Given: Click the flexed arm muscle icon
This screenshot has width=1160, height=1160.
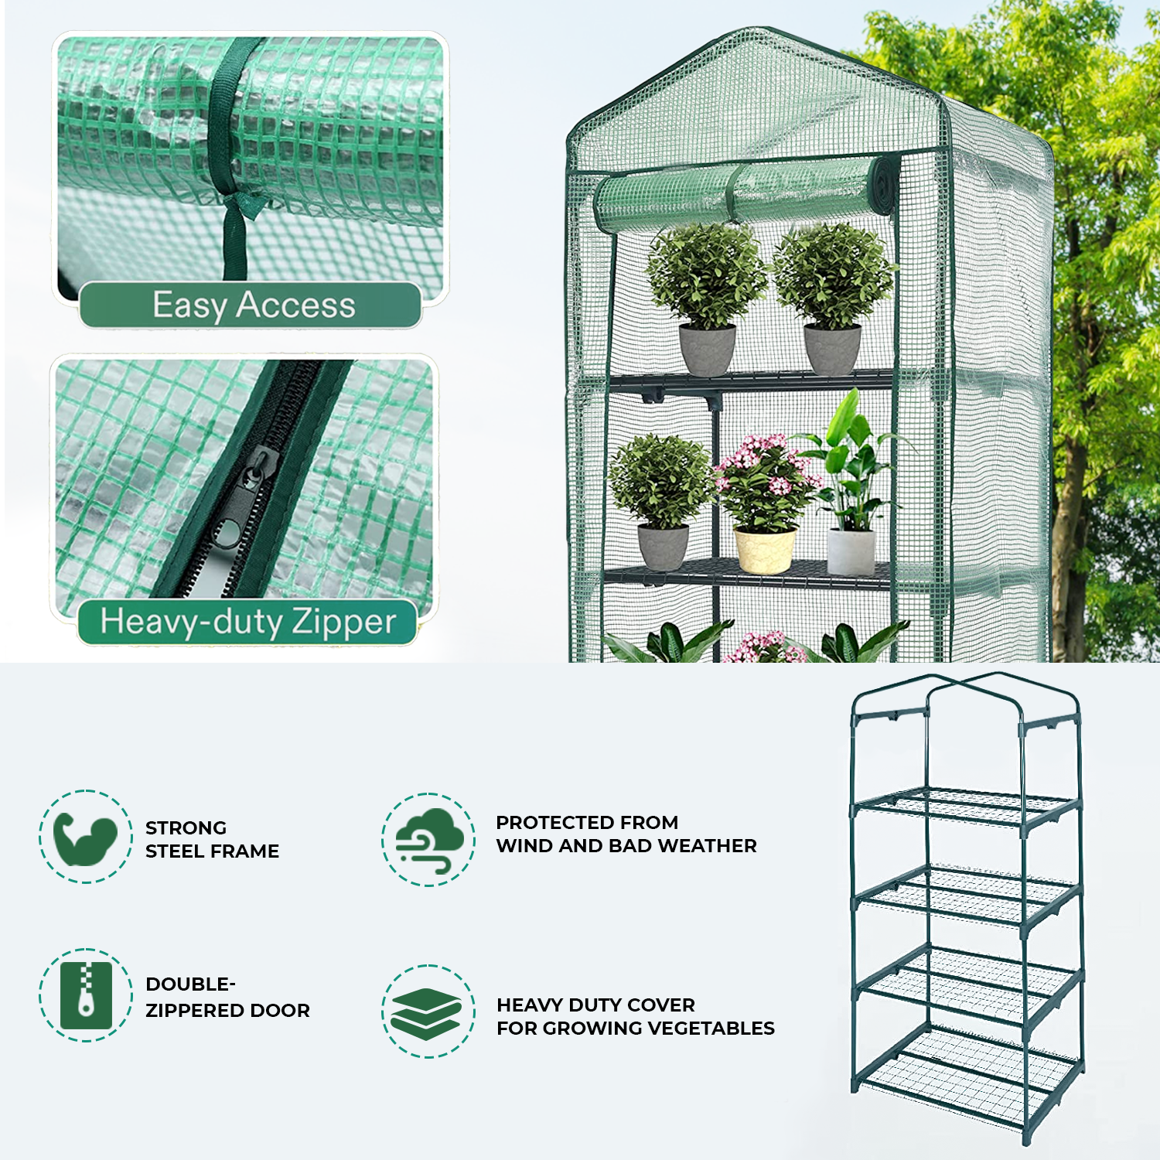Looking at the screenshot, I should (85, 838).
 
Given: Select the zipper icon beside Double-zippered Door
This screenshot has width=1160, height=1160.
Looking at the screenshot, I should (86, 995).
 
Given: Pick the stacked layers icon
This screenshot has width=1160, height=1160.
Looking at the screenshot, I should (428, 1012).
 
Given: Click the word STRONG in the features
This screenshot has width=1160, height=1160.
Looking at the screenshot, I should (186, 828).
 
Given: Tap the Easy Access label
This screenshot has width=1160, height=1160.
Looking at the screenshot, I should (253, 305).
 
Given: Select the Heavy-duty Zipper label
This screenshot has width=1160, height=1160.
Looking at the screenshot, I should (247, 622).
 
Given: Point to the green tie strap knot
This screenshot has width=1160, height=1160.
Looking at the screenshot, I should (236, 205).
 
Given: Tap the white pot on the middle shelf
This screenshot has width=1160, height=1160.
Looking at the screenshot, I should (851, 551).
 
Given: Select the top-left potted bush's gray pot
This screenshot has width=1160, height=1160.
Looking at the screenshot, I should (708, 350).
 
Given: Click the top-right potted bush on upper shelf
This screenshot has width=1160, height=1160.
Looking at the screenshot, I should (833, 278).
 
